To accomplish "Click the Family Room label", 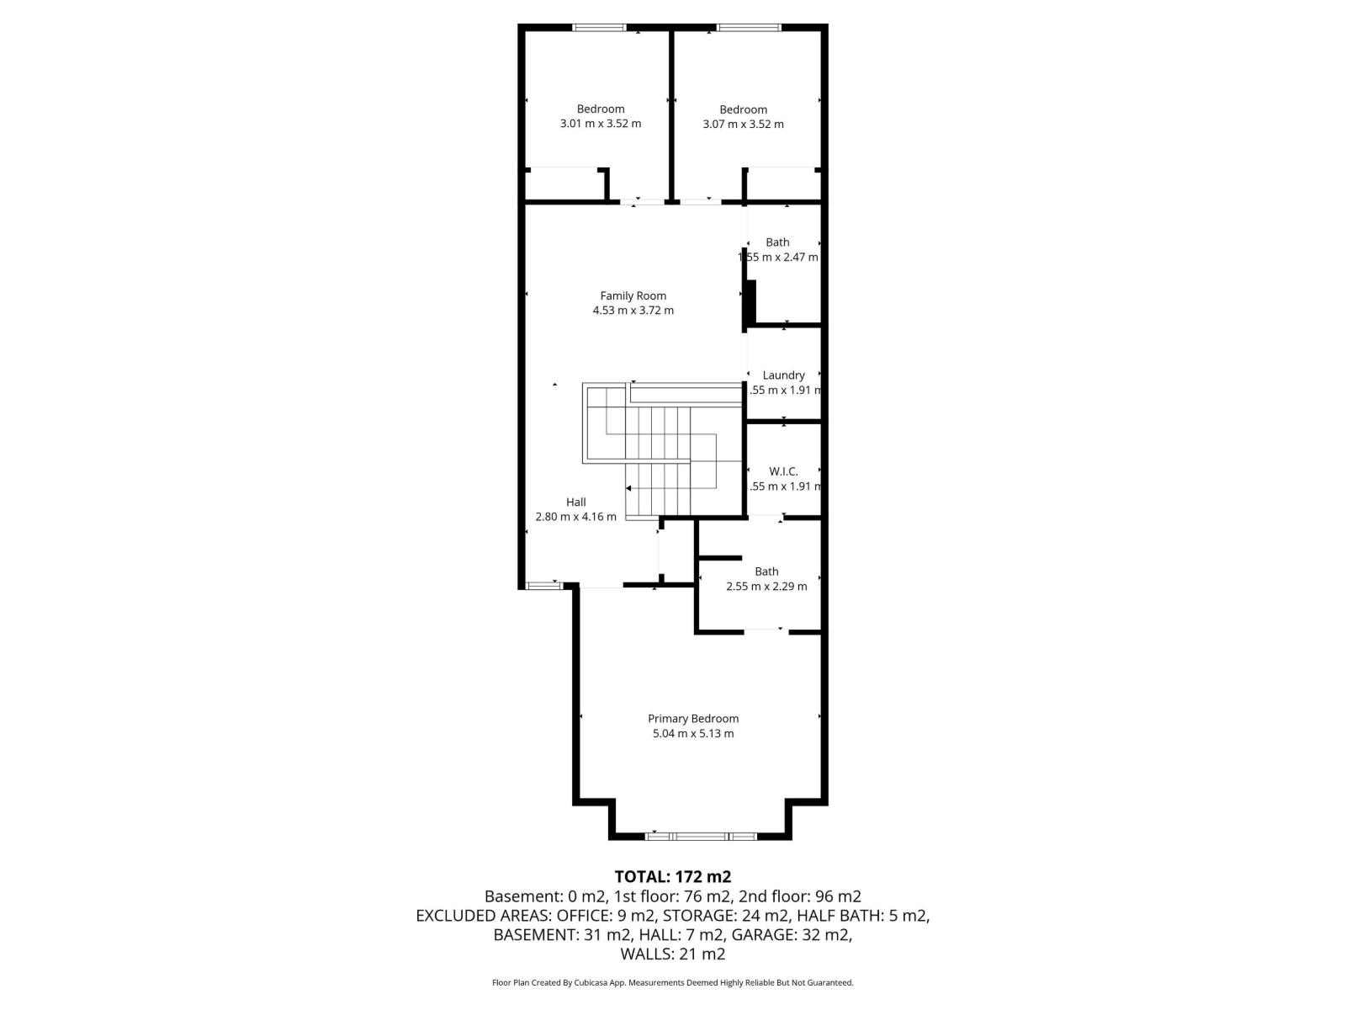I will pos(633,295).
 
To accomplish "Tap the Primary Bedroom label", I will pos(693,719).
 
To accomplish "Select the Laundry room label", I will pos(783,375).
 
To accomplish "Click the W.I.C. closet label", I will pos(783,471).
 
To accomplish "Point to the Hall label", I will pos(575,502).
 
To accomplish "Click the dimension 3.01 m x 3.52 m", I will pos(600,124).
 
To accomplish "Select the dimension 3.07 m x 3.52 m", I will pos(743,125).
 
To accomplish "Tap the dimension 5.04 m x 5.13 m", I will pos(693,734).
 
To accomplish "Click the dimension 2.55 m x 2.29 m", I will pos(766,587).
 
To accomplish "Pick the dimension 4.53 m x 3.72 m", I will pos(633,311).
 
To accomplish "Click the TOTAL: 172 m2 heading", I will pos(672,877).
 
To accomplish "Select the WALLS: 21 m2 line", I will pos(672,954).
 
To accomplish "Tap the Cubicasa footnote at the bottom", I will pos(672,982).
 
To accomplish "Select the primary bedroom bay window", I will pos(701,836).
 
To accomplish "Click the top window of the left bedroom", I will pos(599,28).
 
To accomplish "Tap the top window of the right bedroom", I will pos(748,28).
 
